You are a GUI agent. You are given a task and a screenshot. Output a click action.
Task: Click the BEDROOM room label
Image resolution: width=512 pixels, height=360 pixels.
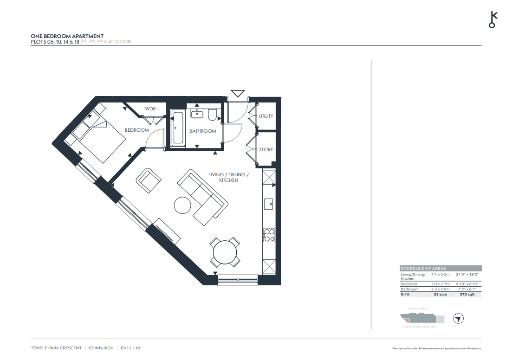pyautogui.click(x=137, y=130)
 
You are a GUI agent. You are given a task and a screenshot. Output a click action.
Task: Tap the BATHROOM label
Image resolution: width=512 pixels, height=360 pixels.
pyautogui.click(x=202, y=131)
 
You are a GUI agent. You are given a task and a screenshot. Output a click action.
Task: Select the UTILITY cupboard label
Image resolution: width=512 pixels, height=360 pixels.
pyautogui.click(x=266, y=116)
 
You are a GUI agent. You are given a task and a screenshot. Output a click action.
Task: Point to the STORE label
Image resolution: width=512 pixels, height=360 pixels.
pyautogui.click(x=266, y=149)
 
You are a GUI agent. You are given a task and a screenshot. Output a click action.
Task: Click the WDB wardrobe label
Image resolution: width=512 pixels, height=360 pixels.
pyautogui.click(x=150, y=109)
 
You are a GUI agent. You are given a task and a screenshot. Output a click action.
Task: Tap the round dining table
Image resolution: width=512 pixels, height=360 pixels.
pyautogui.click(x=225, y=252)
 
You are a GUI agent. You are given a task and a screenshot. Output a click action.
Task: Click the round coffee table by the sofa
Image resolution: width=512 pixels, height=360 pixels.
pyautogui.click(x=183, y=205)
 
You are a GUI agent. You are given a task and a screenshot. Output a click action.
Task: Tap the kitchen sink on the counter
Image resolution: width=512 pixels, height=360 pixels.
pyautogui.click(x=269, y=203)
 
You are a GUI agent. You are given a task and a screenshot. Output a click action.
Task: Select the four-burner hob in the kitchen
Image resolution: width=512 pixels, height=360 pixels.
pyautogui.click(x=269, y=235)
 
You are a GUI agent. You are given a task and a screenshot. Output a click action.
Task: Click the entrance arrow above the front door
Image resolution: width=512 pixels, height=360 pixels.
pyautogui.click(x=238, y=93)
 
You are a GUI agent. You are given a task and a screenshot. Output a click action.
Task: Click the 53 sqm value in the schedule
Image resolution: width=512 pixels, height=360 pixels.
pyautogui.click(x=440, y=294)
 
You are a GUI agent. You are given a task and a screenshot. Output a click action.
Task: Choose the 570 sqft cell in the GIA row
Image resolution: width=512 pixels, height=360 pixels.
pyautogui.click(x=467, y=294)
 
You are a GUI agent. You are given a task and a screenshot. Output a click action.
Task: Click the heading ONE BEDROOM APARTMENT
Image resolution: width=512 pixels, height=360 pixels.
pyautogui.click(x=67, y=36)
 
